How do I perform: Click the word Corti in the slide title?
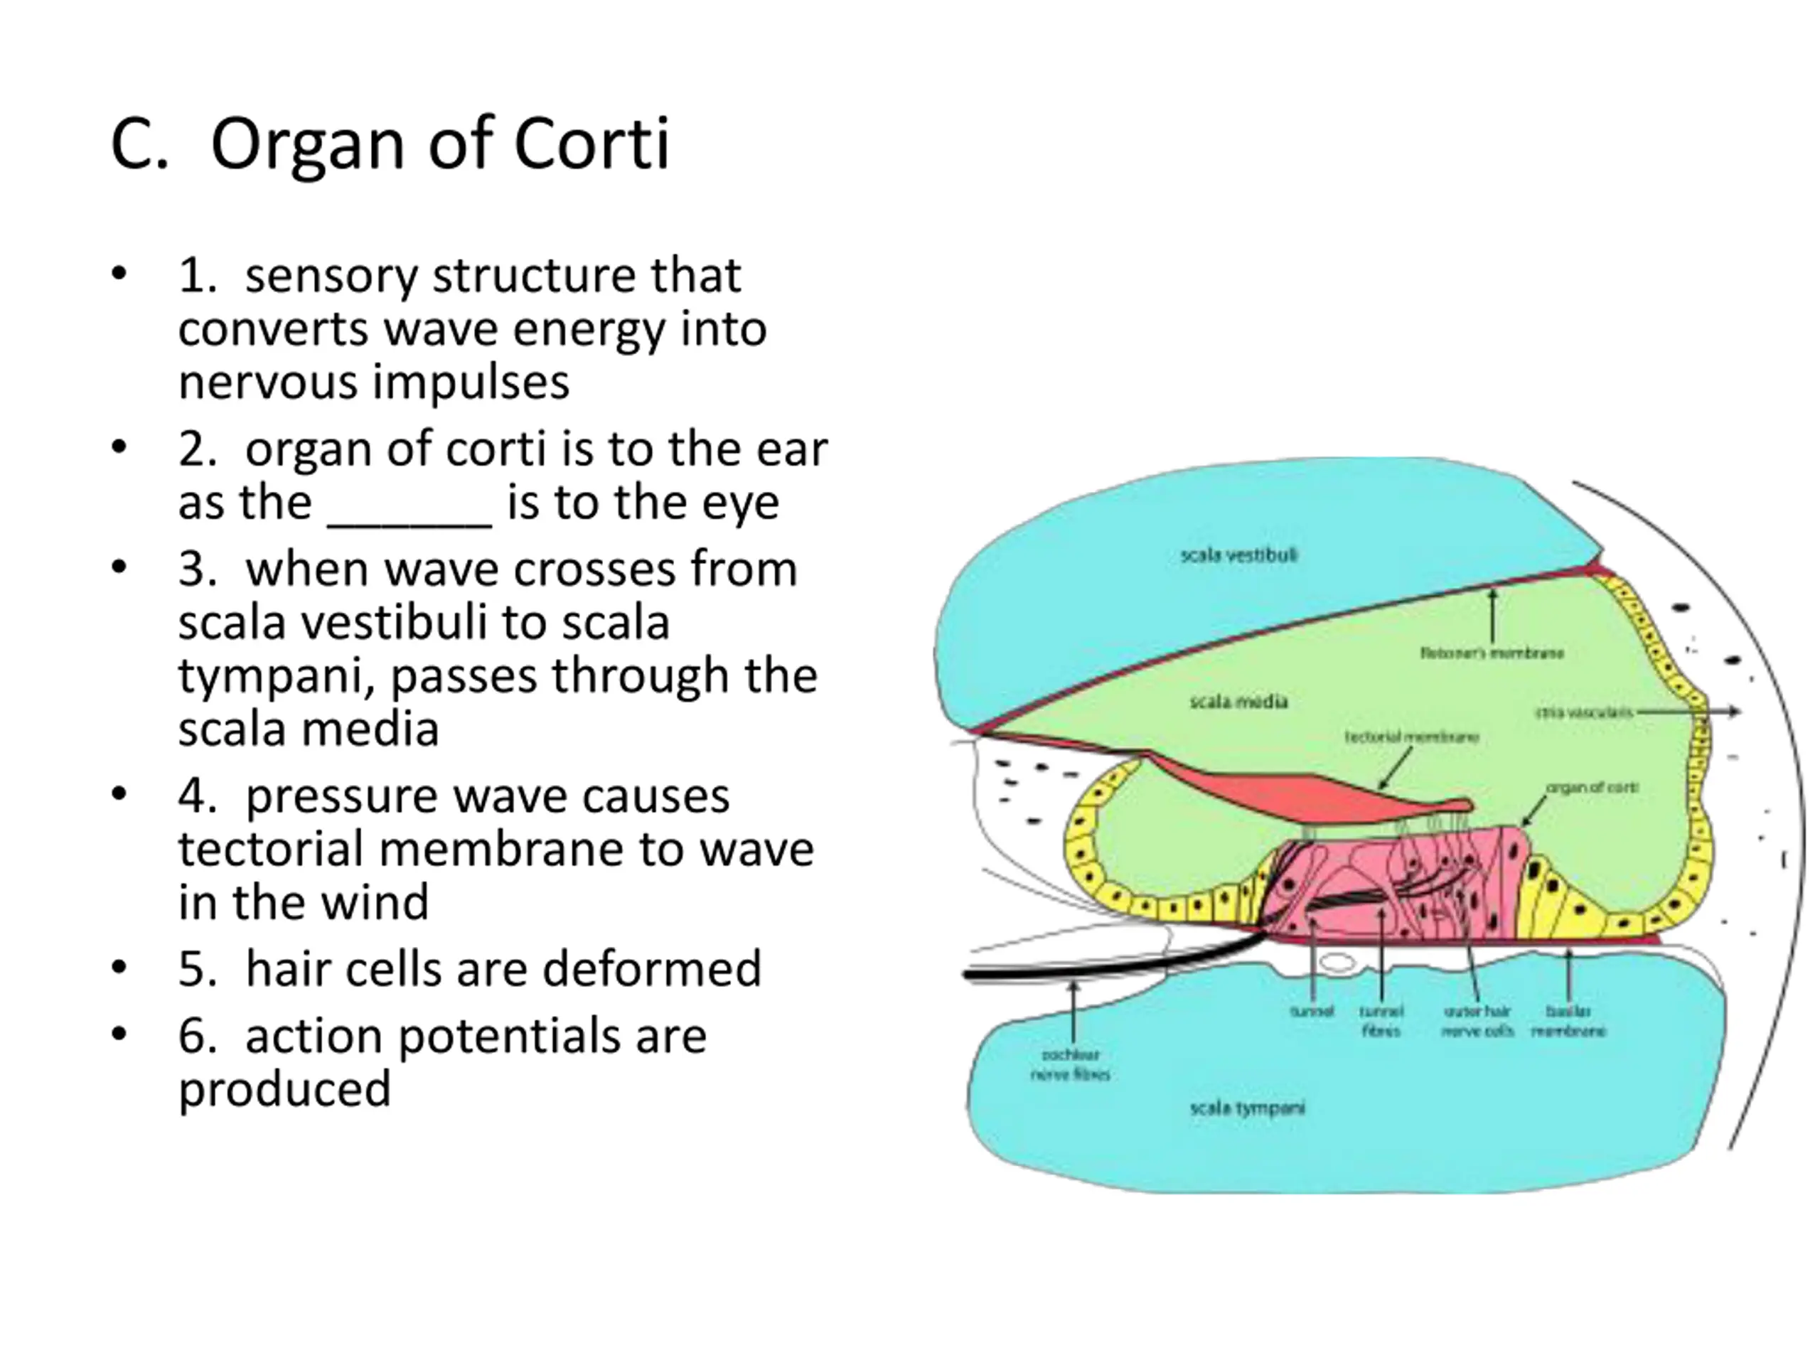591,145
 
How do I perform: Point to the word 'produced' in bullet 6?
284,1089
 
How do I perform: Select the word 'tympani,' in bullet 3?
277,676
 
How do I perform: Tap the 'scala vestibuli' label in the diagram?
1238,555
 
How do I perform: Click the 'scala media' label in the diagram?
1238,702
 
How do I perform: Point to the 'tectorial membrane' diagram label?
1412,737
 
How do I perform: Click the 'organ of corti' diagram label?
1592,788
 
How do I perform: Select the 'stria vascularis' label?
1584,712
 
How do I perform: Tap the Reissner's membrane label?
1492,653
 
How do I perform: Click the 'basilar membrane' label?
1568,1021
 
